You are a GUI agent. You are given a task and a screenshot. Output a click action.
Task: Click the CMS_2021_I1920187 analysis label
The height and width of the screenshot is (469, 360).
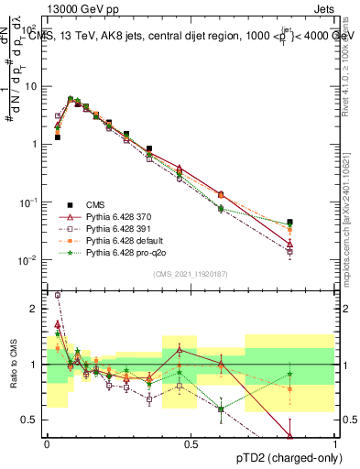point(190,274)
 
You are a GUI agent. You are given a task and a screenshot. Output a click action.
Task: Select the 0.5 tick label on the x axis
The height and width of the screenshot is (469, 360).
point(190,444)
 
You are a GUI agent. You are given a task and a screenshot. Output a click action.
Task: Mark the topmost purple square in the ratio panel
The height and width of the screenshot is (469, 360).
point(57,295)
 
